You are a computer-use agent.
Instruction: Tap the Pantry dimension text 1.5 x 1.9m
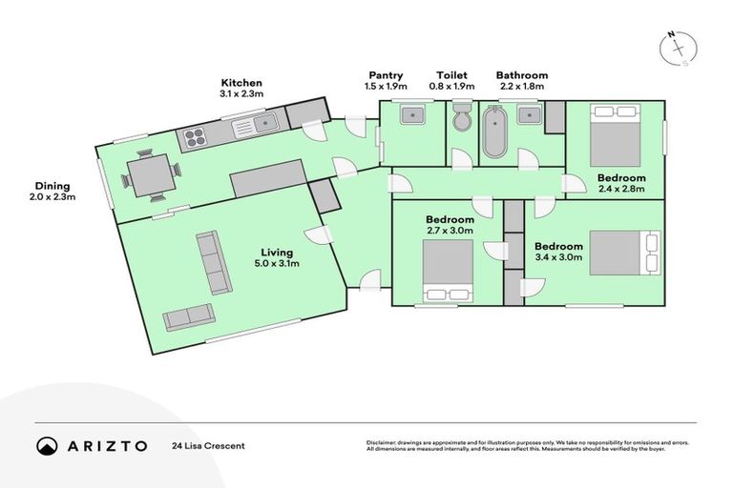pos(385,86)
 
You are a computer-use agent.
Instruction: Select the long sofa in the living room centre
pos(213,262)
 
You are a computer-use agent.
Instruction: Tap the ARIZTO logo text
pos(107,445)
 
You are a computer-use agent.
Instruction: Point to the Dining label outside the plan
pos(53,186)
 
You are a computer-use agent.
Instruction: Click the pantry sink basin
pos(413,116)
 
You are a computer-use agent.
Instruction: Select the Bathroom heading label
pos(521,75)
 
